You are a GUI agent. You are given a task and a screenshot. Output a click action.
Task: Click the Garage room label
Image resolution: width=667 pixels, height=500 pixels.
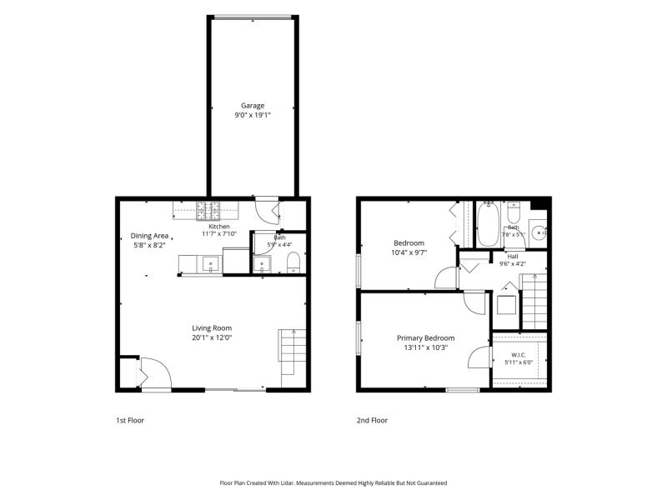point(253,106)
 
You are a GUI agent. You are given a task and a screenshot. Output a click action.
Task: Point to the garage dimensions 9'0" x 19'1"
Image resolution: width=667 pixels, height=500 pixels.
point(253,115)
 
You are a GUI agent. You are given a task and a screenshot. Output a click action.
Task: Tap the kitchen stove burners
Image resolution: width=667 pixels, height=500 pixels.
point(208,211)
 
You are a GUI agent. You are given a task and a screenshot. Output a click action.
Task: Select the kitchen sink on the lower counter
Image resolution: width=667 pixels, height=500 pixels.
point(211,264)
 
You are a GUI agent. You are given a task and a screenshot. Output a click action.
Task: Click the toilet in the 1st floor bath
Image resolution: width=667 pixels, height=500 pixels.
point(293,262)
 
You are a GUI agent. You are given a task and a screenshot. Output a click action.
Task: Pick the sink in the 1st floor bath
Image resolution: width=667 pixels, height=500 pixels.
point(262,265)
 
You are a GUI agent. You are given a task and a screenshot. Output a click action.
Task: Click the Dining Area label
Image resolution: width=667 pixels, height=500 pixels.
point(149,236)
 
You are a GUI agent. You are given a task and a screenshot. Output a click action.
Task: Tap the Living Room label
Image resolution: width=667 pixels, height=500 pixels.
point(212,328)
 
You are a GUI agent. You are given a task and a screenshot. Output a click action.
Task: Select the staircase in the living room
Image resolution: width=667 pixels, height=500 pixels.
point(293,352)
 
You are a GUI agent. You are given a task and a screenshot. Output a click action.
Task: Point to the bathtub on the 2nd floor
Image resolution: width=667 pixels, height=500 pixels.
point(488,224)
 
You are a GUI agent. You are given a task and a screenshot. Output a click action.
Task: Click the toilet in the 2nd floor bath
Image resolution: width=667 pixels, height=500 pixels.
point(514,213)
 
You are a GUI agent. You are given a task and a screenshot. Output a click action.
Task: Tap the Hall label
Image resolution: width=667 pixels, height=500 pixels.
point(513,257)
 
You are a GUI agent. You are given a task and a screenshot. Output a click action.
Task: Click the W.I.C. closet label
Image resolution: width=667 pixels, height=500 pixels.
point(519,355)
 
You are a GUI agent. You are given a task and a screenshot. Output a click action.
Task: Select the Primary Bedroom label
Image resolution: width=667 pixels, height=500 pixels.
point(426,338)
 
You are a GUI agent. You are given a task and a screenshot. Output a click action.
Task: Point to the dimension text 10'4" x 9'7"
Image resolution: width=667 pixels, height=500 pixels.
point(409,252)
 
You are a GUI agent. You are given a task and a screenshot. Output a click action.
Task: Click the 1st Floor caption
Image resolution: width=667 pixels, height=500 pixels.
point(130,421)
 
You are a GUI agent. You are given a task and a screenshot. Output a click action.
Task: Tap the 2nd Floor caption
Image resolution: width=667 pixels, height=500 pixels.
point(372,421)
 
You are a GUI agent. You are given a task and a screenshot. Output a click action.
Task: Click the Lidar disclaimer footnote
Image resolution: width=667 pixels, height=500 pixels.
point(333,483)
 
